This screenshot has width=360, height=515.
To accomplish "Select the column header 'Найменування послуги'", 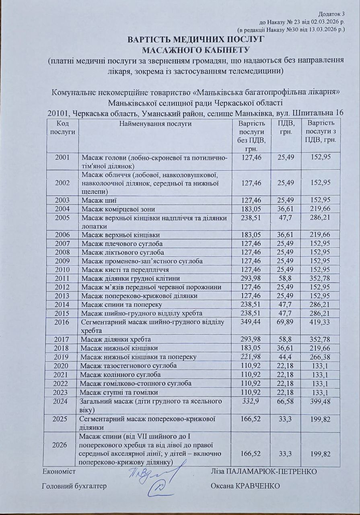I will (155, 124).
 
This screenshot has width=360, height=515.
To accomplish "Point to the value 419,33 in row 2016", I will (321, 322).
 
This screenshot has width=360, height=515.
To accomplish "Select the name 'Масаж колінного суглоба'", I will (119, 375).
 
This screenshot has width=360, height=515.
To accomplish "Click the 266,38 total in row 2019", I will (321, 357).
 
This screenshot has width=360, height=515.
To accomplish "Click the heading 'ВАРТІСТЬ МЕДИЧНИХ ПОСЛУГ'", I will (195, 40).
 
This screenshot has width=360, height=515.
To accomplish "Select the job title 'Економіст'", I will (59, 471).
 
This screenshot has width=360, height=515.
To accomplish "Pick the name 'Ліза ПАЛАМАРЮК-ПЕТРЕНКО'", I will (263, 471).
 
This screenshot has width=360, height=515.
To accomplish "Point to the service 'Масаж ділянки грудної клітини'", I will (130, 278).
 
